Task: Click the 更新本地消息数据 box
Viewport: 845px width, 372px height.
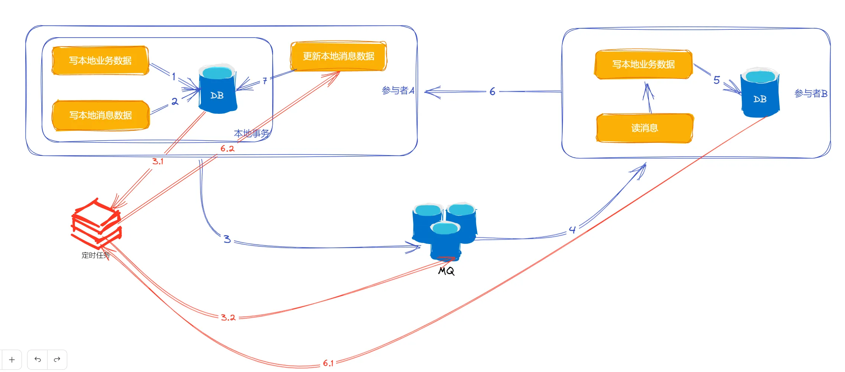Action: (338, 56)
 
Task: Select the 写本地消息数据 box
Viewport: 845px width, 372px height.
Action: (100, 115)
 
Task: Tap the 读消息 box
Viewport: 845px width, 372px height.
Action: (644, 128)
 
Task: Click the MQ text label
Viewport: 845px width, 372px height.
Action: (446, 271)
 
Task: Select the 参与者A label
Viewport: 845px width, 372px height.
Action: (398, 90)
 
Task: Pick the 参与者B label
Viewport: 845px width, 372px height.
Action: (810, 93)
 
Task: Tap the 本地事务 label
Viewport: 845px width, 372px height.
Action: (251, 133)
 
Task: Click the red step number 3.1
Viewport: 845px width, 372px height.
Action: (157, 161)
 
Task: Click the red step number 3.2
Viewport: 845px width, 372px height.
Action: (228, 317)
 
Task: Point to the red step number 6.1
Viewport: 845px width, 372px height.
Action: (328, 363)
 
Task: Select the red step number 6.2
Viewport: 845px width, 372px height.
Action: (227, 149)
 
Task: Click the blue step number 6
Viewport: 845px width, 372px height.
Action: (492, 92)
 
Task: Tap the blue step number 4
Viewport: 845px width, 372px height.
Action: (572, 230)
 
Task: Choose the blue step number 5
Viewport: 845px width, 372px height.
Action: (716, 80)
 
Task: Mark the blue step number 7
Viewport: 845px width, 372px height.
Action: (264, 81)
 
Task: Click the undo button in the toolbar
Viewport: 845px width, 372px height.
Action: (38, 359)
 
